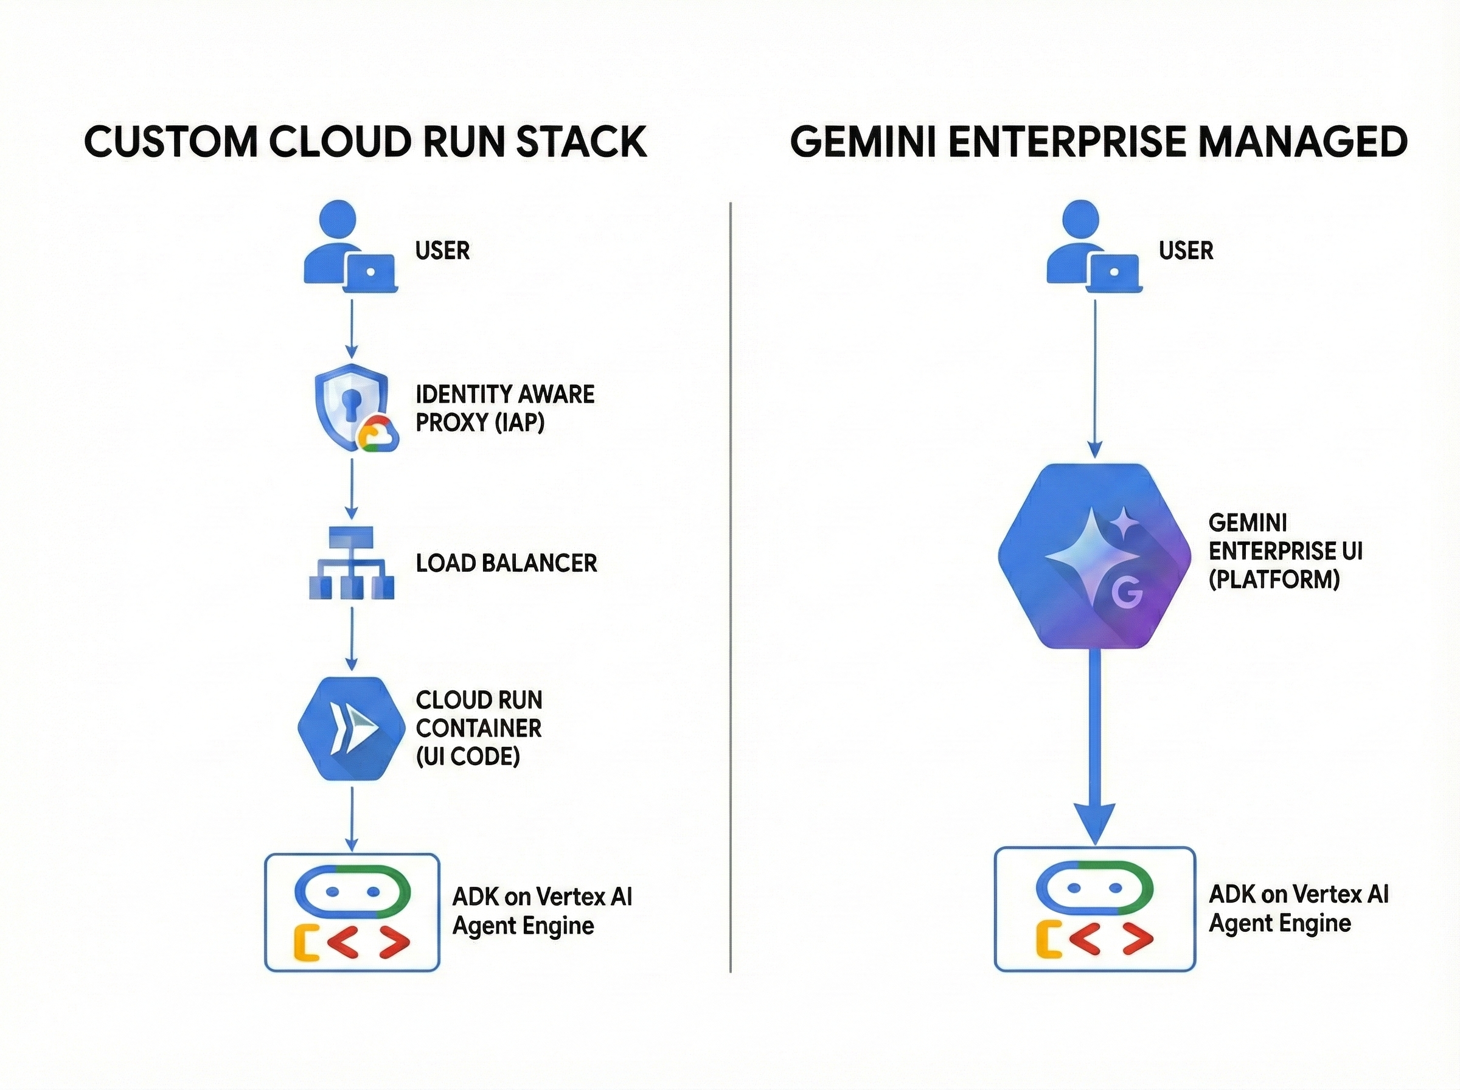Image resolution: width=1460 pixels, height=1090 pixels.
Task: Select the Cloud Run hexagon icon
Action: click(x=351, y=729)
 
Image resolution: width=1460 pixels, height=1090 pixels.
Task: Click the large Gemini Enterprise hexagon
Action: click(x=1094, y=556)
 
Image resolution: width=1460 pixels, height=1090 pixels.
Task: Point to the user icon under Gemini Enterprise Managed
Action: click(x=1093, y=248)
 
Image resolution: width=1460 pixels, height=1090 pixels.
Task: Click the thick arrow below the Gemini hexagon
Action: click(x=1094, y=746)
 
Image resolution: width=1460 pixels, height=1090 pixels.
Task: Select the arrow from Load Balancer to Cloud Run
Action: click(x=352, y=637)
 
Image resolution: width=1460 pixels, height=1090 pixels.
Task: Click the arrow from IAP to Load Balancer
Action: click(x=352, y=489)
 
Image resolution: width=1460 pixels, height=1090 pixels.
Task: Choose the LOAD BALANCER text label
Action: click(x=506, y=563)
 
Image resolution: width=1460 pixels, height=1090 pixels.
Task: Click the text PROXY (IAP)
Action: click(x=479, y=422)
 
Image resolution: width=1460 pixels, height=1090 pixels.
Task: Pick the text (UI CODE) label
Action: click(x=468, y=756)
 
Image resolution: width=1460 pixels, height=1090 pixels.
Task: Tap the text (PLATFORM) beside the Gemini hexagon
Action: click(x=1274, y=579)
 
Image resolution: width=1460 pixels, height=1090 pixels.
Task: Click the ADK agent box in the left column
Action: click(x=352, y=912)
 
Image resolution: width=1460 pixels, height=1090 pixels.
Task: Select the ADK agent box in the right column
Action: click(x=1094, y=909)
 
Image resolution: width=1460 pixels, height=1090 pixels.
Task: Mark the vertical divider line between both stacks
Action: click(x=731, y=587)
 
